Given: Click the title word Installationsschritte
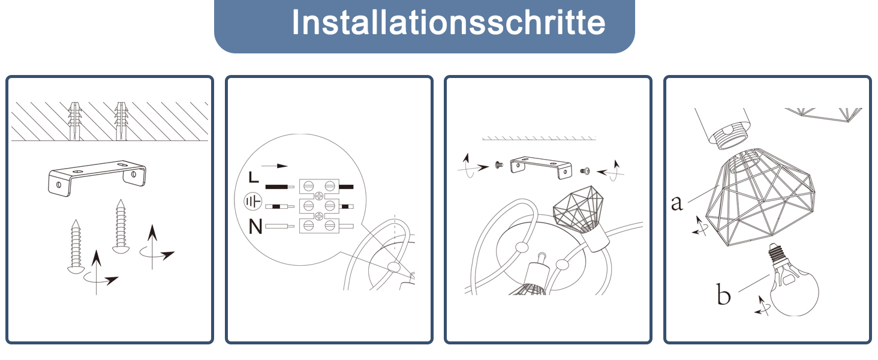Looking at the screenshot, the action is tap(449, 22).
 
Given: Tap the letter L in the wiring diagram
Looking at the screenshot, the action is tap(254, 177).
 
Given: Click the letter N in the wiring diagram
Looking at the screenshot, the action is tap(255, 226).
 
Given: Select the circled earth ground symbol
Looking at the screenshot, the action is tap(253, 202).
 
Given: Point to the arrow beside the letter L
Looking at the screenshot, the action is tap(275, 166).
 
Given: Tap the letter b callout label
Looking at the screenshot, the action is tap(723, 294).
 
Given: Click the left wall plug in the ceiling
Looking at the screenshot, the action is tap(74, 121).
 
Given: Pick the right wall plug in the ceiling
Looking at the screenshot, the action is tap(121, 121).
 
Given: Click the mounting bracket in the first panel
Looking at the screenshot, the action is tap(97, 178).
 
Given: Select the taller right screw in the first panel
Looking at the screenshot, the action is tap(121, 227).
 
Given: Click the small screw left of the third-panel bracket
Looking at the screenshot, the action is tap(498, 165).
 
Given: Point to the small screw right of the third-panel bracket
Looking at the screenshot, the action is tap(585, 171).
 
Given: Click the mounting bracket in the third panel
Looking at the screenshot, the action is tap(540, 167).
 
